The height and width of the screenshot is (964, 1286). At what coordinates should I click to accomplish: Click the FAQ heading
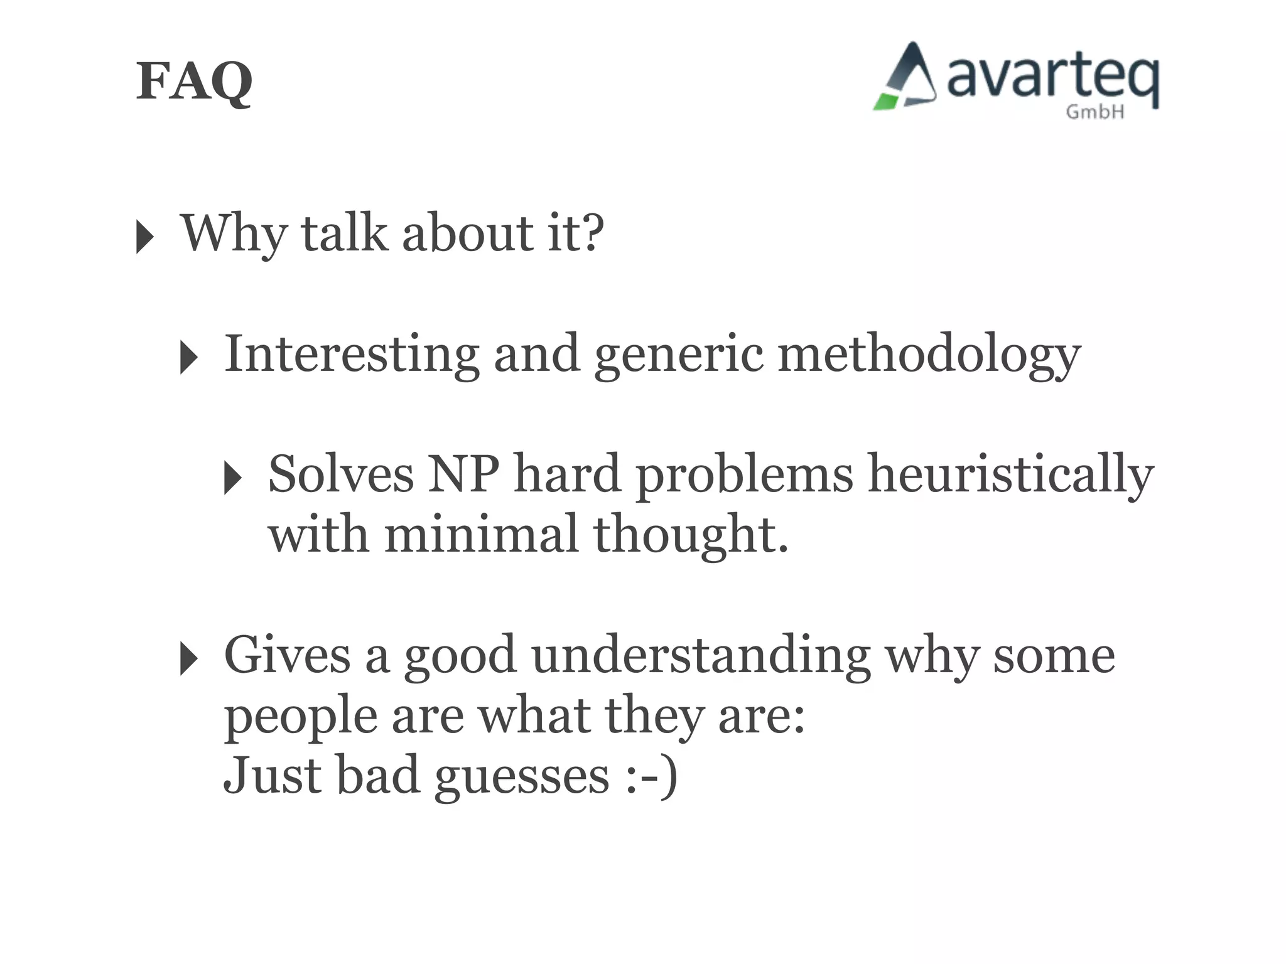[x=194, y=82]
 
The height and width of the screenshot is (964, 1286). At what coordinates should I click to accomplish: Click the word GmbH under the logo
[x=1094, y=112]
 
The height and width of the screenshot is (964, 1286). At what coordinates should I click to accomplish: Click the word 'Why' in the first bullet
[x=232, y=233]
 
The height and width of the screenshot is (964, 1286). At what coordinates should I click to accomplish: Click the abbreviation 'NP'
[x=463, y=474]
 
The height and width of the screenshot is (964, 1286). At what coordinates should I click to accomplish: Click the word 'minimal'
[x=481, y=534]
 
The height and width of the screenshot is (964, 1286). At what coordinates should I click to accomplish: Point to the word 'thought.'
[x=690, y=534]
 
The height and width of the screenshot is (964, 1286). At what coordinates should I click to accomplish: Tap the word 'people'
[x=301, y=717]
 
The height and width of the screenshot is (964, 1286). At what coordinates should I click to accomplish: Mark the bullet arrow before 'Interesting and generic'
[x=188, y=358]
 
